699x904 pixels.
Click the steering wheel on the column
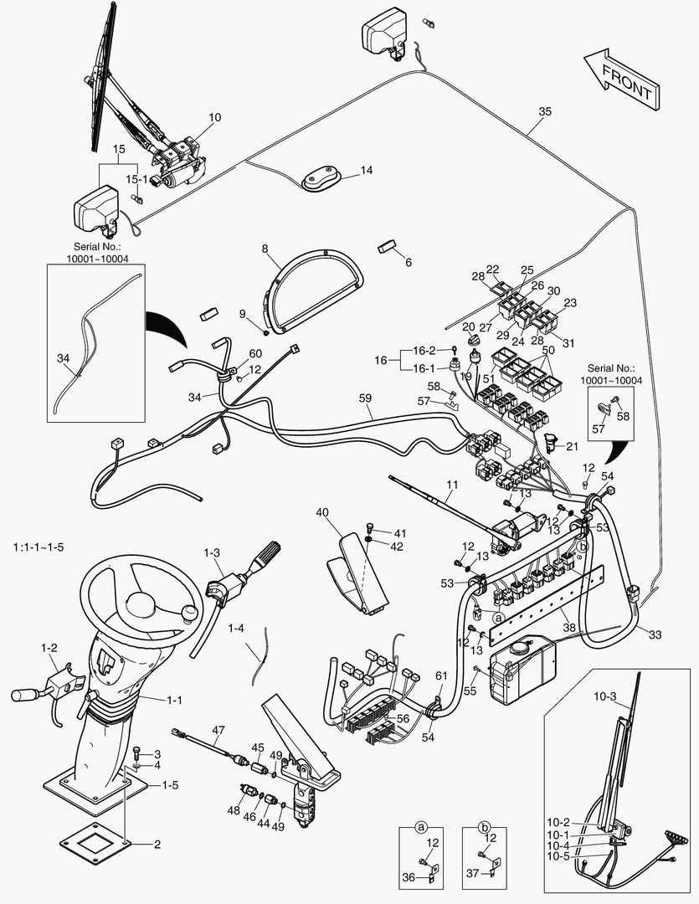[x=137, y=597]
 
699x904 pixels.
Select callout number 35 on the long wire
[x=544, y=112]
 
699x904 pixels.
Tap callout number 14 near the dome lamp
[x=367, y=171]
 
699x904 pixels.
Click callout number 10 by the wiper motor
[x=215, y=118]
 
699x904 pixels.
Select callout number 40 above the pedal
[x=323, y=513]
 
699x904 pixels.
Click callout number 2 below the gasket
[x=157, y=844]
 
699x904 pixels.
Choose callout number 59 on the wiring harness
[x=364, y=399]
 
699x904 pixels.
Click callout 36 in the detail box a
[x=408, y=876]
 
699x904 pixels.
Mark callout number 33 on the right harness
[x=655, y=635]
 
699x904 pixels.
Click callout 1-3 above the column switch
[x=212, y=552]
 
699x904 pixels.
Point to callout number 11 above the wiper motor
[x=453, y=485]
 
